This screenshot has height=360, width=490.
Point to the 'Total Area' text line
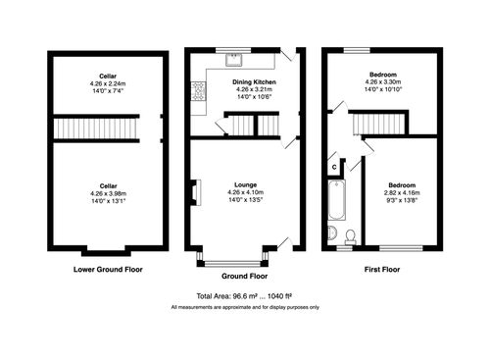(x=245, y=295)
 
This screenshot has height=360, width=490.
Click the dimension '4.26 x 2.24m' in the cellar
(x=107, y=82)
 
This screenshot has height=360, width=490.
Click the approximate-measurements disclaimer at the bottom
(x=245, y=307)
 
